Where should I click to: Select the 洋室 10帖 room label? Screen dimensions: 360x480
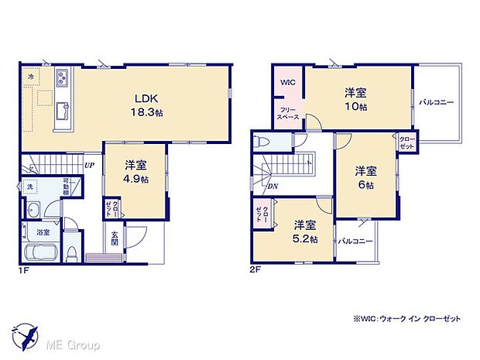356,98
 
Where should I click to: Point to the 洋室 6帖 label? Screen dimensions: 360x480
365,177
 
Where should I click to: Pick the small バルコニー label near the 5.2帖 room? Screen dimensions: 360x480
355,241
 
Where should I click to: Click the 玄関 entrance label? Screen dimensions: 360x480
114,238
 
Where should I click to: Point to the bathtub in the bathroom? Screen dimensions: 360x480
40,252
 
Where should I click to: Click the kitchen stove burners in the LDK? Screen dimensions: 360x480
62,79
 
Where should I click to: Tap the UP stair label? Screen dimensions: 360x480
90,165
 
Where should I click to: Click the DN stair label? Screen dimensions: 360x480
272,186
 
